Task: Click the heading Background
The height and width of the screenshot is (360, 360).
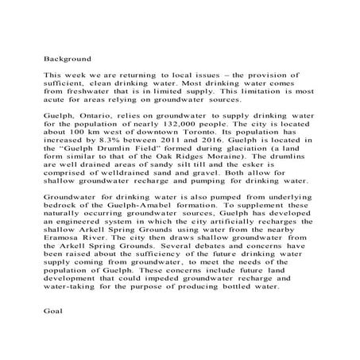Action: click(67, 58)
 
